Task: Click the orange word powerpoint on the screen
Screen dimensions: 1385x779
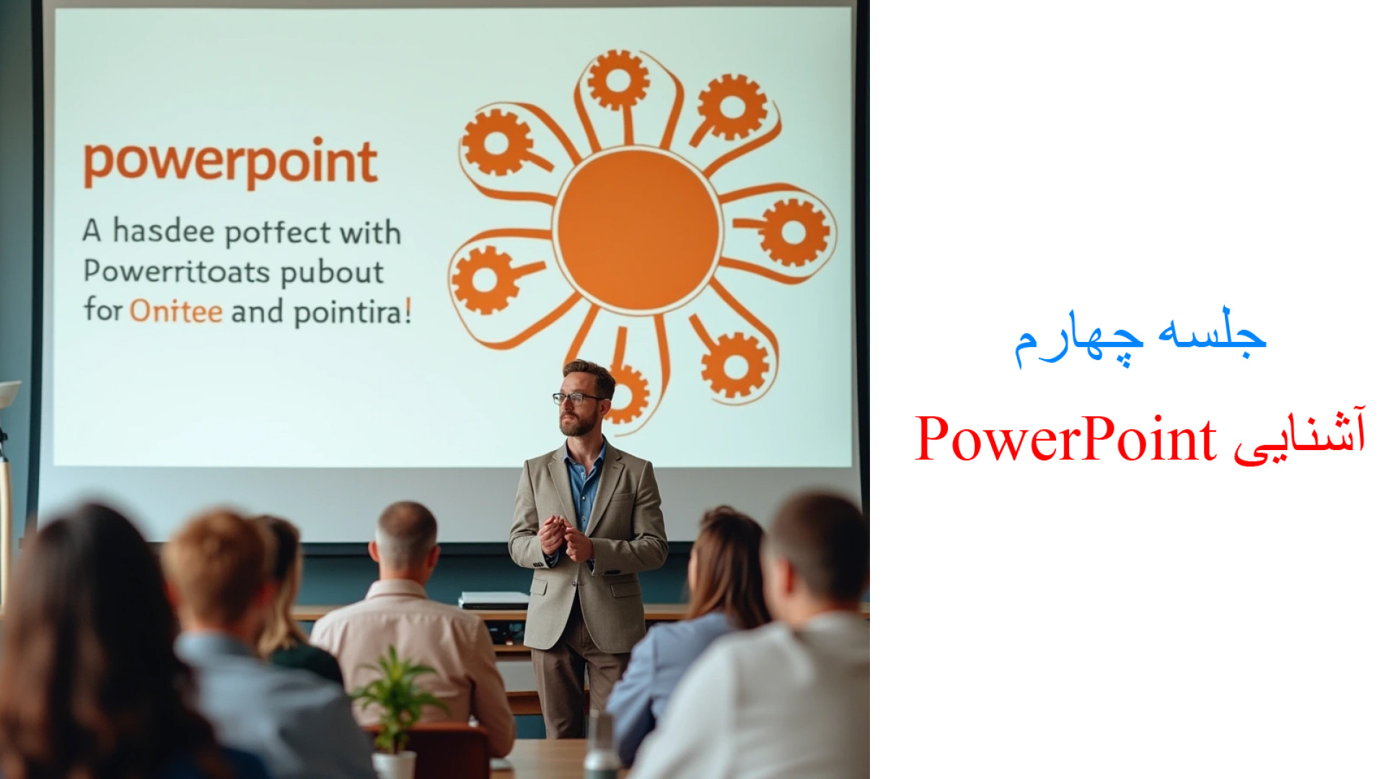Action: coord(231,164)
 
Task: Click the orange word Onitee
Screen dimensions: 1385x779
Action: coord(176,312)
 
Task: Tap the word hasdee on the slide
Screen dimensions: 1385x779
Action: coord(164,232)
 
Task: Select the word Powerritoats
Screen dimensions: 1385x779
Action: coord(177,272)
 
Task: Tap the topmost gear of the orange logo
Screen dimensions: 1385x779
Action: coord(617,79)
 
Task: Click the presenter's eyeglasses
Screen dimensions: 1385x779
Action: coord(577,398)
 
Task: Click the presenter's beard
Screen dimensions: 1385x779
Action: coord(579,424)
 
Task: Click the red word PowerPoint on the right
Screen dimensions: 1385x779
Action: coord(1065,439)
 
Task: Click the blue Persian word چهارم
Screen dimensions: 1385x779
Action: coord(1078,340)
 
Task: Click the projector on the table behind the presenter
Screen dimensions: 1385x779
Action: coord(494,600)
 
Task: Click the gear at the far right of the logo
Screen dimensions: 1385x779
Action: coord(793,232)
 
